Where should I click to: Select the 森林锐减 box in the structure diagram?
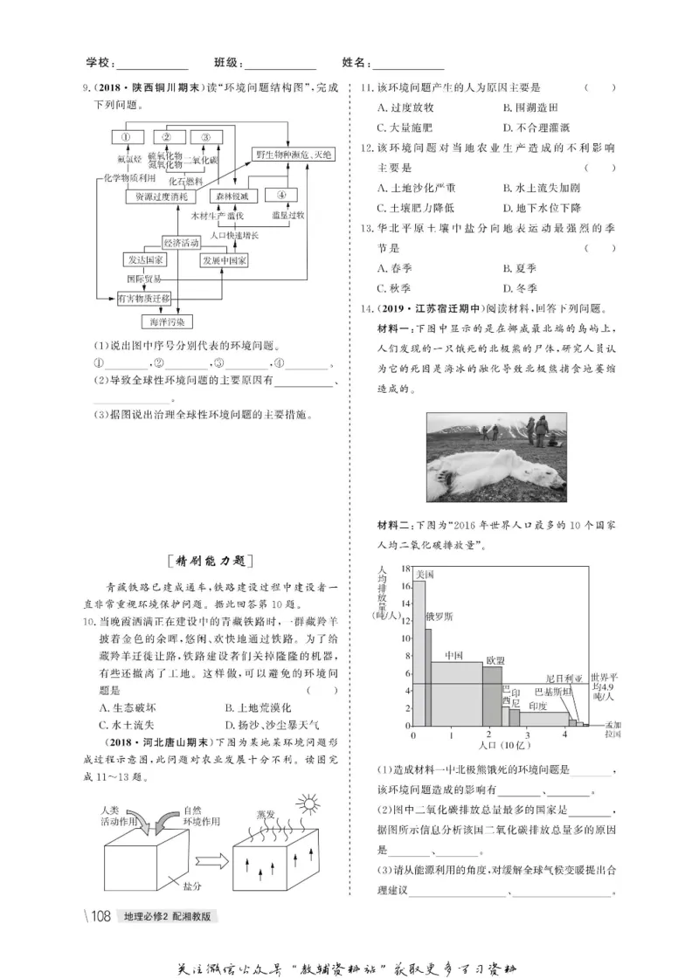tap(232, 196)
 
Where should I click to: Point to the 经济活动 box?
tap(183, 241)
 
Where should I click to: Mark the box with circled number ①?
tap(125, 137)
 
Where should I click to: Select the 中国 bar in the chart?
tap(454, 694)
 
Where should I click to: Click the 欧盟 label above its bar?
tap(495, 659)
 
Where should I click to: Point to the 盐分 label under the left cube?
tap(193, 886)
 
